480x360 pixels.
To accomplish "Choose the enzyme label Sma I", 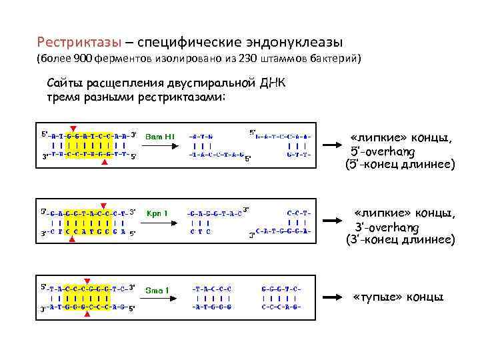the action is tap(157, 289).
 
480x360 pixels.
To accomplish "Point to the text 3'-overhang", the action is tap(387, 227).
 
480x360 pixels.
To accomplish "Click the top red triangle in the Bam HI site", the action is tap(73, 128).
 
